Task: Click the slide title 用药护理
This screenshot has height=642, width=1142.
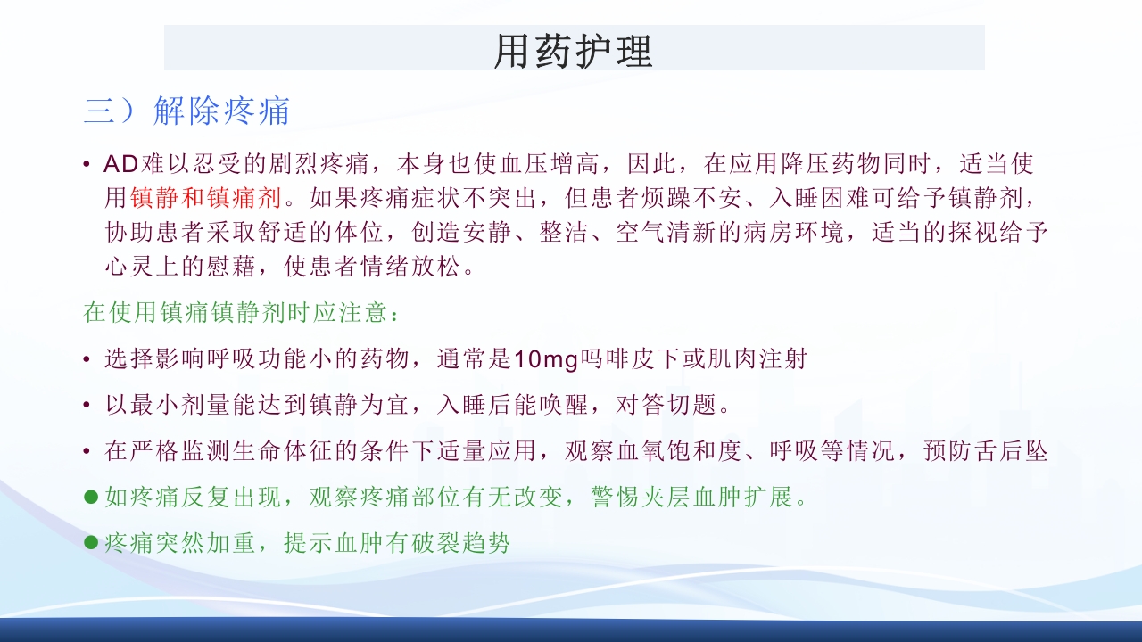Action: coord(574,51)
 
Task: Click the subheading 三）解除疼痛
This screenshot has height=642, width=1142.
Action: coord(187,111)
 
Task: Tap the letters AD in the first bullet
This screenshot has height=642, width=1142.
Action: coord(120,164)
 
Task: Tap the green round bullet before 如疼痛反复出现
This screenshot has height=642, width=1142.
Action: coord(90,497)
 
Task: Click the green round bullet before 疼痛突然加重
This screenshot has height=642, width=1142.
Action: coord(90,542)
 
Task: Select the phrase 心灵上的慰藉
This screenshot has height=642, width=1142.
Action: coord(181,266)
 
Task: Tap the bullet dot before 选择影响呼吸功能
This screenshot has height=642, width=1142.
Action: coord(86,360)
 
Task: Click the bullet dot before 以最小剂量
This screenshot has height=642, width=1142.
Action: coord(86,407)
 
